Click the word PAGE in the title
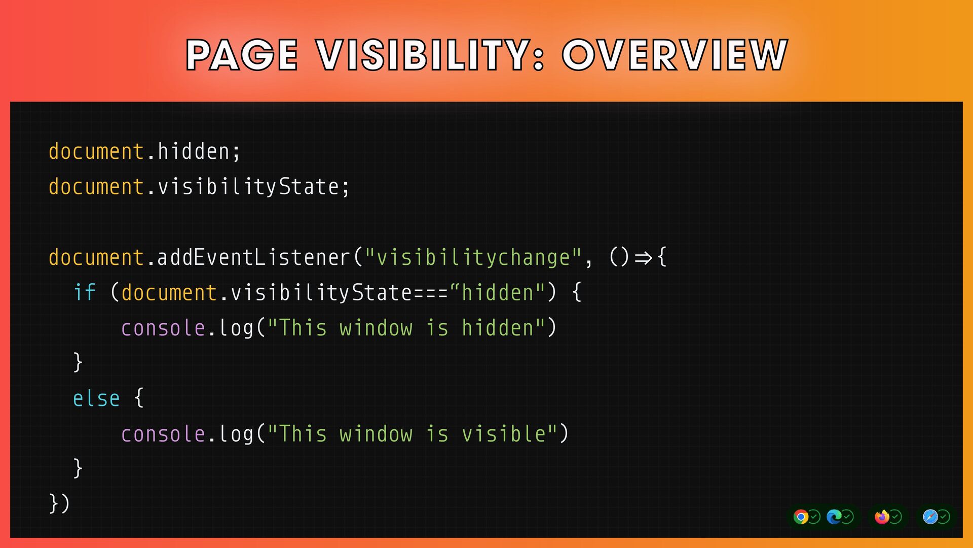click(x=242, y=55)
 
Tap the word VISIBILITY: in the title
click(x=431, y=55)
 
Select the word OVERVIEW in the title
click(x=675, y=55)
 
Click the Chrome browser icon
click(x=801, y=517)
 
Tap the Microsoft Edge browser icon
click(x=834, y=517)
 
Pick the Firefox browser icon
click(x=882, y=517)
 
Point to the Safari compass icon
click(x=930, y=517)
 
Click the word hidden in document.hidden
click(x=193, y=152)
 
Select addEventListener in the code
click(x=253, y=257)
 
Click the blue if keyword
click(x=85, y=293)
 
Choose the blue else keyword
click(x=96, y=399)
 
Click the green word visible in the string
click(x=504, y=434)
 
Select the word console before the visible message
click(x=163, y=434)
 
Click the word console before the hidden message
click(x=163, y=328)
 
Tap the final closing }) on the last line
click(x=59, y=503)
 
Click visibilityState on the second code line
click(x=248, y=187)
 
